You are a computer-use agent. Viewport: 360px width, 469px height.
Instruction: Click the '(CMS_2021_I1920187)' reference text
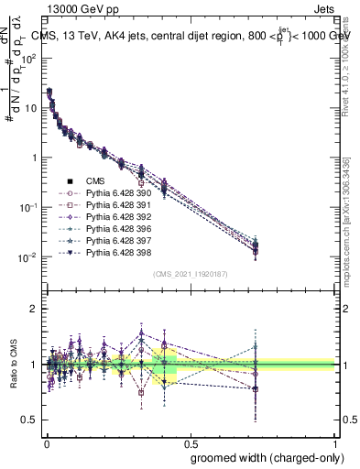click(x=191, y=274)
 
